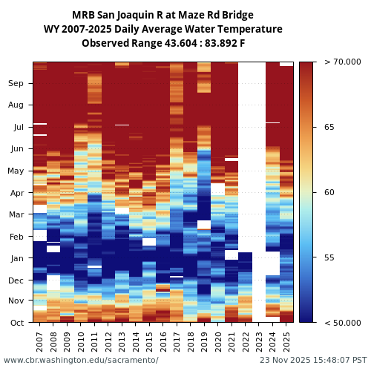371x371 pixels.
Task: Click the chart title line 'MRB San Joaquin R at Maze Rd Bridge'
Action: click(x=162, y=15)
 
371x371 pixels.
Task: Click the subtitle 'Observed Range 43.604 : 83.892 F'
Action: click(x=162, y=43)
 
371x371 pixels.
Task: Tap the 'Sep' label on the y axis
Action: click(x=16, y=84)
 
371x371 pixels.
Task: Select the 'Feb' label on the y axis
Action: click(x=16, y=237)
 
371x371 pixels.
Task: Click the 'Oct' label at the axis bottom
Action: click(x=16, y=323)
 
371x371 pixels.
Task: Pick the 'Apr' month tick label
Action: click(x=16, y=193)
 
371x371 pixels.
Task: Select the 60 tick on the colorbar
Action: click(x=329, y=193)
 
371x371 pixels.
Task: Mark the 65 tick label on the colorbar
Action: click(x=329, y=128)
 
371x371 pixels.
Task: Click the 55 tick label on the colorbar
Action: click(x=329, y=258)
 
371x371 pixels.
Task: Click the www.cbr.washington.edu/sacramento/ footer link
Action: click(x=81, y=361)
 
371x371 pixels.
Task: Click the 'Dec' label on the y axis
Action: click(x=16, y=280)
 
